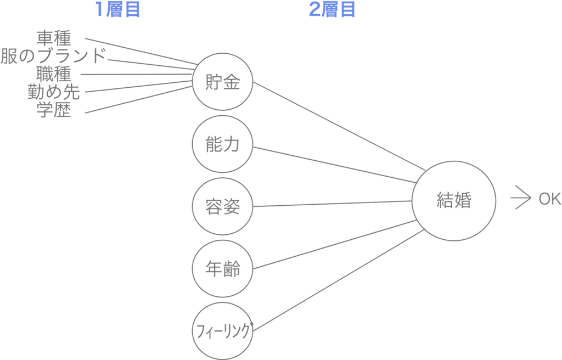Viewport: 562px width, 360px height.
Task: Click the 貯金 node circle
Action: pyautogui.click(x=193, y=82)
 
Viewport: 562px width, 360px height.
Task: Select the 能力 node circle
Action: pyautogui.click(x=193, y=144)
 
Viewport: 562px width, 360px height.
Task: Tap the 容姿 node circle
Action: pyautogui.click(x=193, y=206)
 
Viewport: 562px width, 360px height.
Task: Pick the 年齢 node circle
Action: pyautogui.click(x=193, y=268)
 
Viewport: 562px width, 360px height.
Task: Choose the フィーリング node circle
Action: pyautogui.click(x=193, y=331)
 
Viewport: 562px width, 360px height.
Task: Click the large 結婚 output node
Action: pyautogui.click(x=412, y=201)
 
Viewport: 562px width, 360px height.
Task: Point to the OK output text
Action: pyautogui.click(x=550, y=199)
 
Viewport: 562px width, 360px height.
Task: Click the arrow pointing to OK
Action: pyautogui.click(x=520, y=198)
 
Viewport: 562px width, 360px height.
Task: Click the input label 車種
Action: pyautogui.click(x=54, y=38)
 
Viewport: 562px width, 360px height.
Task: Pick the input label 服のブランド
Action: pyautogui.click(x=53, y=56)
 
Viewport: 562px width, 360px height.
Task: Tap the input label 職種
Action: pyautogui.click(x=54, y=74)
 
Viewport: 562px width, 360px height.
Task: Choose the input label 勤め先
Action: pyautogui.click(x=54, y=92)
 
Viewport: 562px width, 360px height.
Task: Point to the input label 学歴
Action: pyautogui.click(x=54, y=110)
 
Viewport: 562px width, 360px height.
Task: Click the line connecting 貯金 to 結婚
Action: pyautogui.click(x=339, y=126)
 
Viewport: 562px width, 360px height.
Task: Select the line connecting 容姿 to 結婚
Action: pyautogui.click(x=332, y=204)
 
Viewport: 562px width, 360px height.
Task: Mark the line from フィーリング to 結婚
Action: pyautogui.click(x=339, y=280)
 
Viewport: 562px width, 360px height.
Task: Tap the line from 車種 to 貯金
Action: pyautogui.click(x=141, y=51)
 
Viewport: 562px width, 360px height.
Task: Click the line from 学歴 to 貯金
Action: pyautogui.click(x=139, y=100)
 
